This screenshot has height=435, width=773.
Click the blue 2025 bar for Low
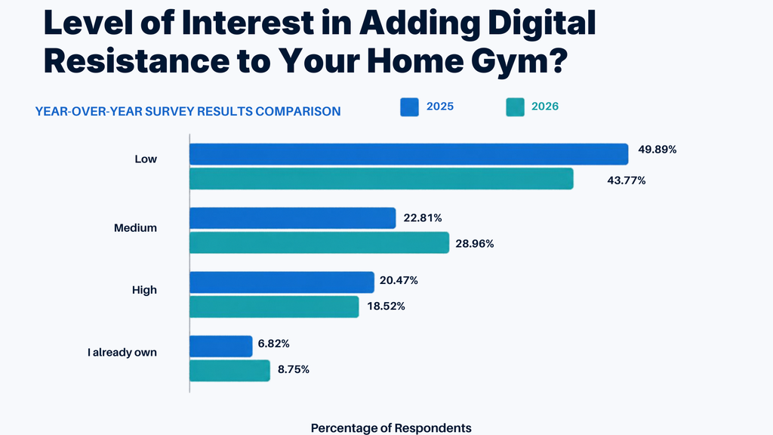pyautogui.click(x=408, y=154)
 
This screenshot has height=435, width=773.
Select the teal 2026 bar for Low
pyautogui.click(x=381, y=178)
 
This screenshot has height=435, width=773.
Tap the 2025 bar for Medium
pyautogui.click(x=292, y=218)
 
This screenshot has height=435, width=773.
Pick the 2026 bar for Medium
pyautogui.click(x=319, y=242)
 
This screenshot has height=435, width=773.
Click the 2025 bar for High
pyautogui.click(x=282, y=282)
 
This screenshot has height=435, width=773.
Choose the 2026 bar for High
pyautogui.click(x=274, y=307)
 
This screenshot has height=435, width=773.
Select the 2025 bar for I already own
pyautogui.click(x=221, y=346)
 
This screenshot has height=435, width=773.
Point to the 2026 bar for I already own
pyautogui.click(x=229, y=370)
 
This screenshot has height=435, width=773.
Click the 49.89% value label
pyautogui.click(x=658, y=150)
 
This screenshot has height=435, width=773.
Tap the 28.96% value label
pyautogui.click(x=474, y=244)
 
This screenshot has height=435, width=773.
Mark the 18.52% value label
pyautogui.click(x=386, y=307)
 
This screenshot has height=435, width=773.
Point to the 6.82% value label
pyautogui.click(x=273, y=344)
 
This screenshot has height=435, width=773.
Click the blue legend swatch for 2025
pyautogui.click(x=409, y=107)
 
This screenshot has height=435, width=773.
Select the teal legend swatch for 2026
pyautogui.click(x=515, y=107)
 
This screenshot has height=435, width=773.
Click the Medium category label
pyautogui.click(x=135, y=228)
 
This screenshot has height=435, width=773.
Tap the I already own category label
pyautogui.click(x=122, y=352)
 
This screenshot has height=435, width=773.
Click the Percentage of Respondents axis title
pyautogui.click(x=391, y=428)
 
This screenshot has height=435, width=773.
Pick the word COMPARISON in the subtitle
pyautogui.click(x=297, y=112)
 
